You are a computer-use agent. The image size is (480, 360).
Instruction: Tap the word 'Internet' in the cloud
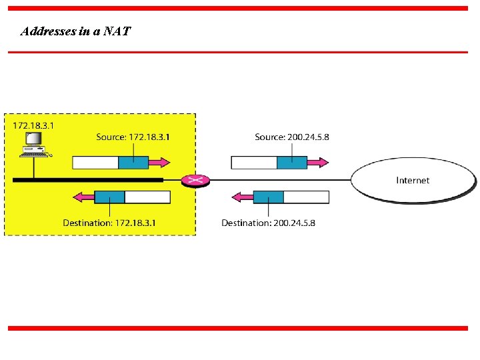coord(413,180)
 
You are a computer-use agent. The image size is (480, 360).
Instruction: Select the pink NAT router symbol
coord(195,180)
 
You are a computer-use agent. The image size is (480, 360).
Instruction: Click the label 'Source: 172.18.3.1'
coord(133,137)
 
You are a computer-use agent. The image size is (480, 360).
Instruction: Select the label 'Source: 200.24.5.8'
coord(292,137)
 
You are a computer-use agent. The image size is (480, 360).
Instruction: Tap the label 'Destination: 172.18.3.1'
coord(109,223)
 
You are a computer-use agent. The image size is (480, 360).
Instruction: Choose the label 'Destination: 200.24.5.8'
coord(269,223)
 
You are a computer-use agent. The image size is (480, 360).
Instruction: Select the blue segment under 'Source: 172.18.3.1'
coord(133,162)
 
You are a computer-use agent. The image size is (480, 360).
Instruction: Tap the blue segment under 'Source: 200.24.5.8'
coord(291,162)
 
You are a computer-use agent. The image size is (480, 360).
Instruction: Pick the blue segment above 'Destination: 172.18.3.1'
coord(110,197)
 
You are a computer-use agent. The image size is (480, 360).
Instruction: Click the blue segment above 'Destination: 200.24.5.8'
coord(269,197)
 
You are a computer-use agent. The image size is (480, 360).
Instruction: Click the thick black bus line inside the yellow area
coord(87,180)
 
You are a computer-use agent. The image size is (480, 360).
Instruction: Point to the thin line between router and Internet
coord(280,180)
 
